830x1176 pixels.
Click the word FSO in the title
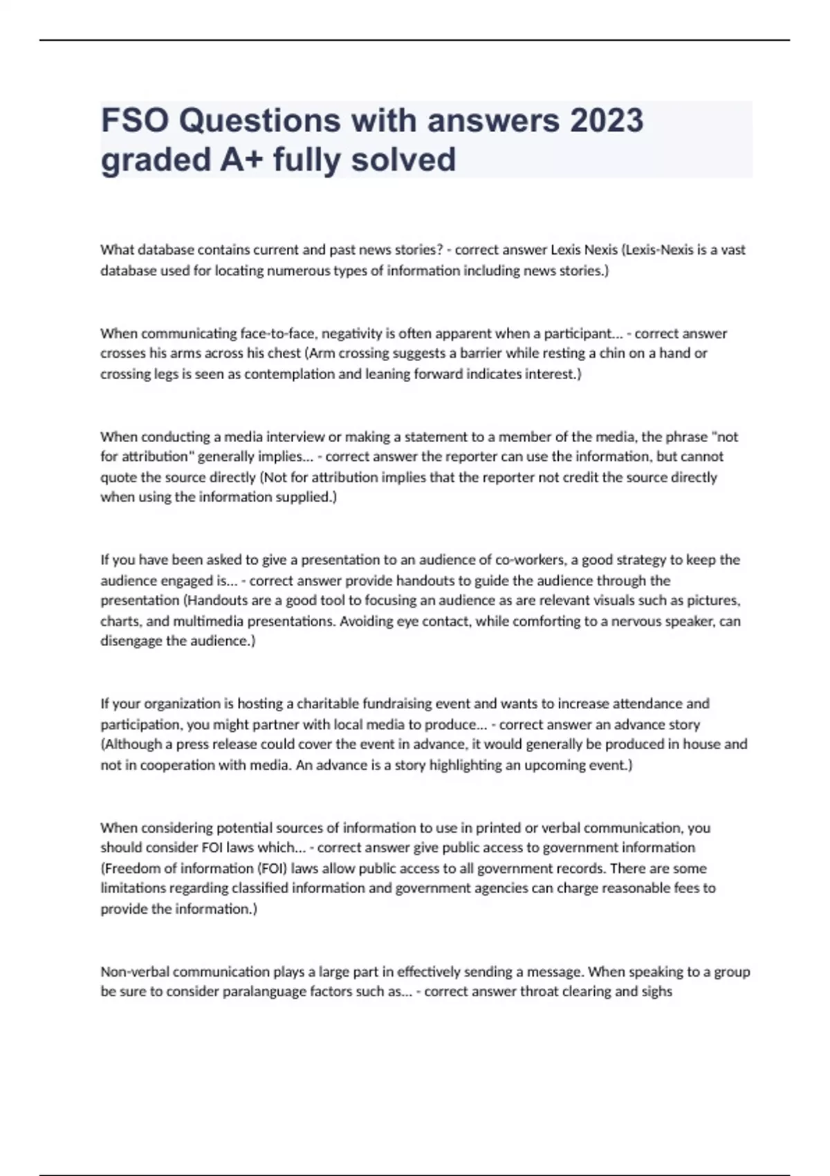(134, 120)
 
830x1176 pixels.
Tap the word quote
(118, 477)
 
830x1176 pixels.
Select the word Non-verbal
(134, 971)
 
